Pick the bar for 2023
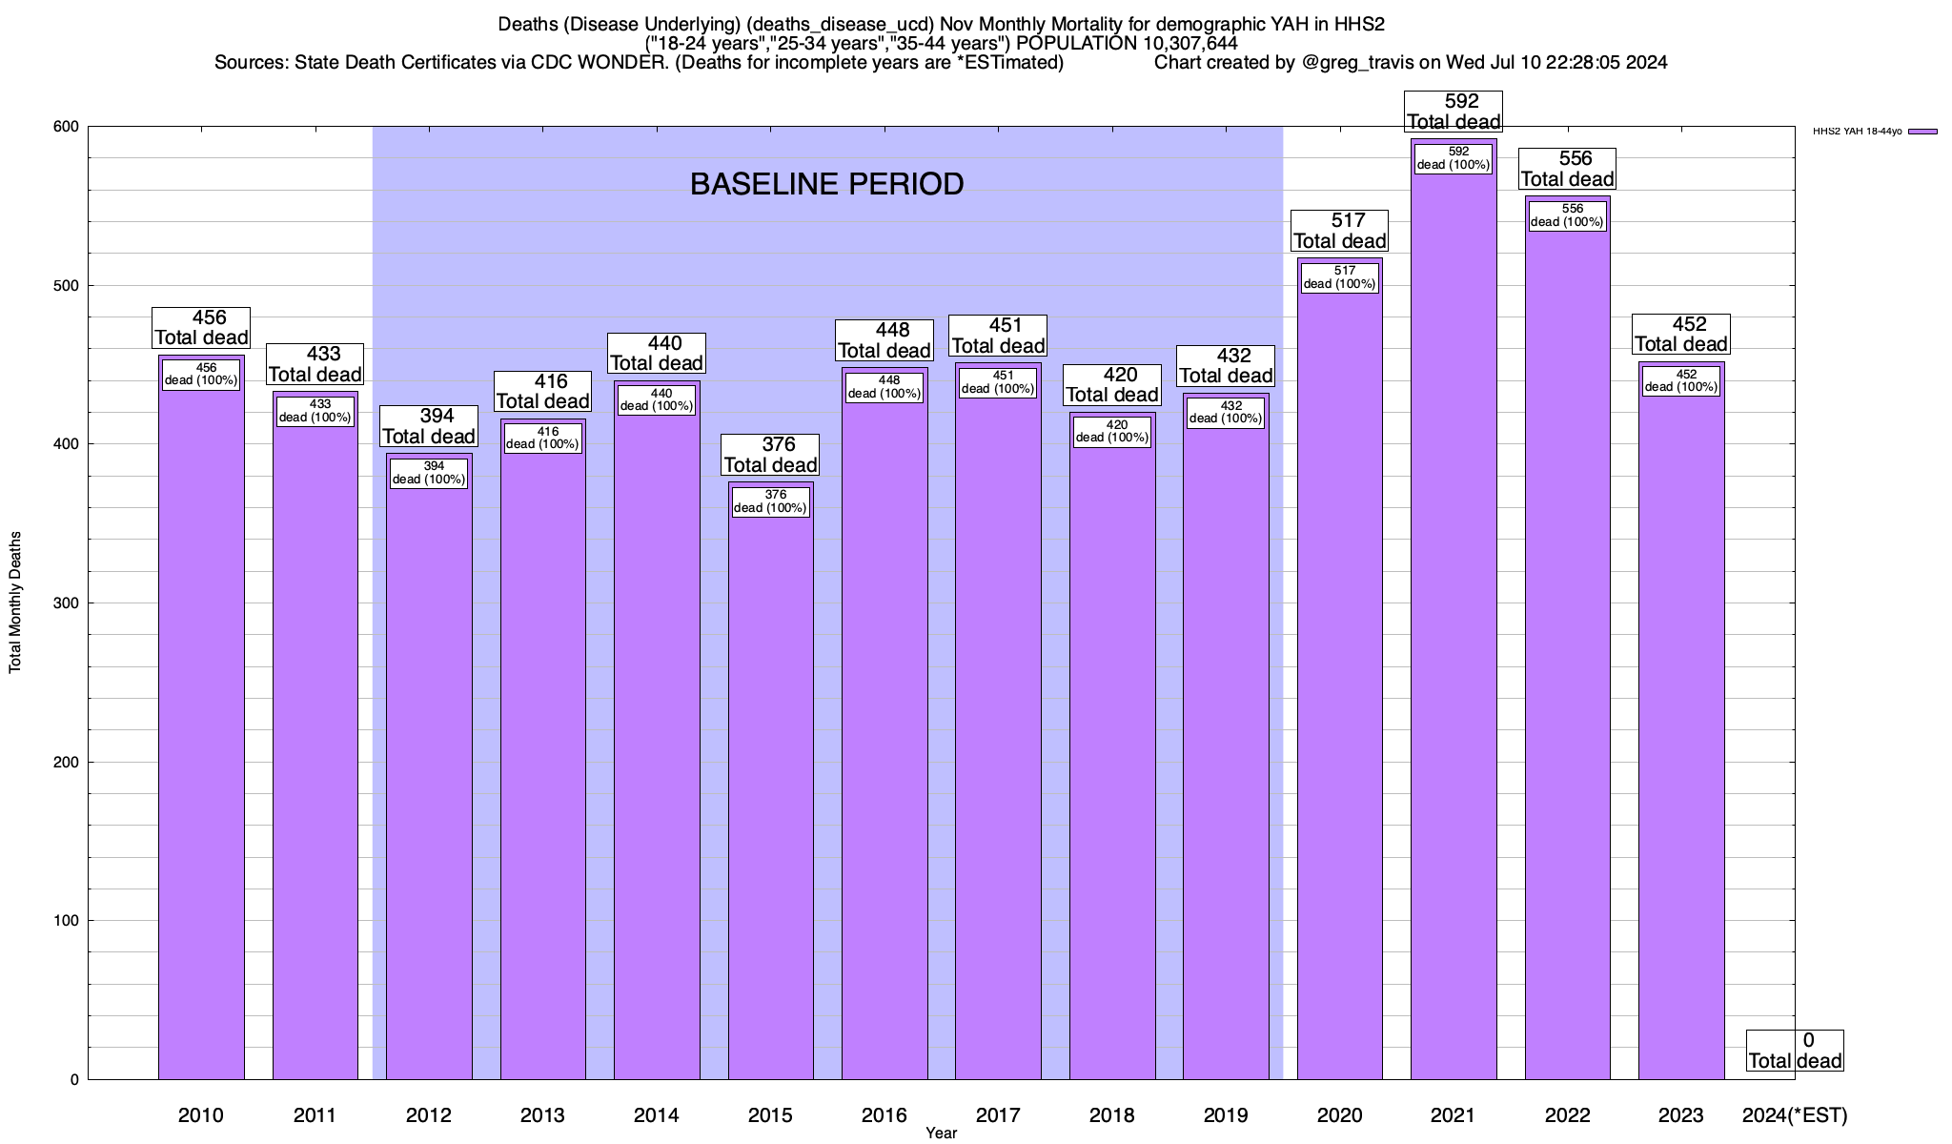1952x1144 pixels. coord(1680,744)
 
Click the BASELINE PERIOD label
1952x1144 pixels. coord(826,184)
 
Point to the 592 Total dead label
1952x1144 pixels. coord(1454,112)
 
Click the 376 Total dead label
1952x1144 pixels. coord(770,455)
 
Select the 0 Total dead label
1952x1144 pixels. coord(1795,1051)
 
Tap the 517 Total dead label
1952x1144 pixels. coord(1339,231)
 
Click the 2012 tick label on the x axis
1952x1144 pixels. coord(428,1114)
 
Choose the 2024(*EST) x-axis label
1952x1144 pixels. coord(1794,1114)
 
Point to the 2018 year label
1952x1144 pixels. coord(1111,1114)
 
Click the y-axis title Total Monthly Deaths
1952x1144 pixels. coord(15,603)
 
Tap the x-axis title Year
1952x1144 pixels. coord(941,1133)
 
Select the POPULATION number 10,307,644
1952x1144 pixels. coord(1183,43)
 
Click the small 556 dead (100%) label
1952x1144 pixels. coord(1567,215)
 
